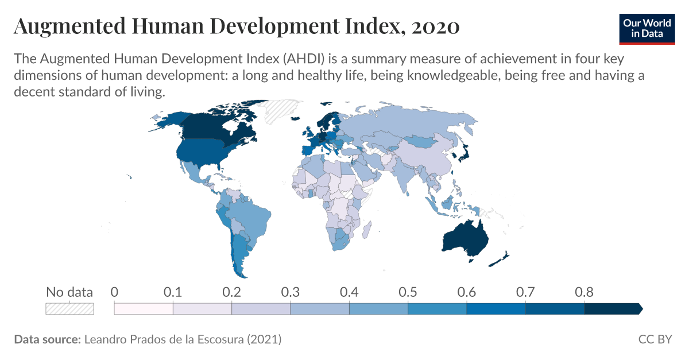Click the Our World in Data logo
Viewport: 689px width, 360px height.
[x=647, y=27]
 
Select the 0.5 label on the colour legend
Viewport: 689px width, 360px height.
[x=408, y=292]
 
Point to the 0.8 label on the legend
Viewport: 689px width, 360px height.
[x=584, y=292]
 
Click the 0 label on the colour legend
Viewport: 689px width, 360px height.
[x=115, y=292]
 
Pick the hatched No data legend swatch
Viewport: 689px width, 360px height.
[x=69, y=309]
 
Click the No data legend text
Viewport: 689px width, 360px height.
[x=69, y=292]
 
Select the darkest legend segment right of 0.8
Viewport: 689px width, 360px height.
[x=612, y=309]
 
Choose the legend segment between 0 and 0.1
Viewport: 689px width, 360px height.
[x=144, y=309]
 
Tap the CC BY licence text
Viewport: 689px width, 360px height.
[x=655, y=339]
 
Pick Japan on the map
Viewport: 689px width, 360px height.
[x=462, y=152]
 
